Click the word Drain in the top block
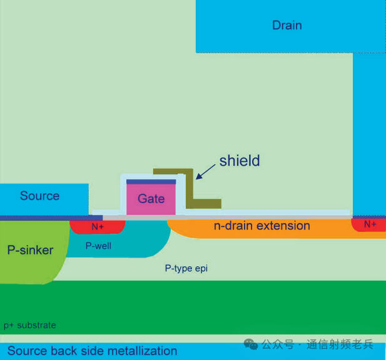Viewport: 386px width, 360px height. point(287,25)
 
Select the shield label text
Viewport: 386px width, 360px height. point(240,161)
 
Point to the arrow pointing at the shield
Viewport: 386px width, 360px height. point(206,172)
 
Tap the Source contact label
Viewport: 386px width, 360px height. point(39,196)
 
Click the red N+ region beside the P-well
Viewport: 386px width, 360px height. point(98,227)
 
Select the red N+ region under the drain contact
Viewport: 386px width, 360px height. point(369,225)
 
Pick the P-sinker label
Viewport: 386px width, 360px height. point(30,250)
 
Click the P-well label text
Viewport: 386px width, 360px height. point(98,246)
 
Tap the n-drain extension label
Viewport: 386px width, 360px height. point(262,226)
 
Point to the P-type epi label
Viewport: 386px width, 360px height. point(186,268)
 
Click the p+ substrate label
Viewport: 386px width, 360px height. point(30,326)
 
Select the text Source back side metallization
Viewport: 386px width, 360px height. point(93,351)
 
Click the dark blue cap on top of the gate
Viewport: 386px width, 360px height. point(151,182)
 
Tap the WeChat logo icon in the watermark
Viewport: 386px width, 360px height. point(251,344)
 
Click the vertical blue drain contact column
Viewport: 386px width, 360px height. point(369,134)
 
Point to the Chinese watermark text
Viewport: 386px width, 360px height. point(317,344)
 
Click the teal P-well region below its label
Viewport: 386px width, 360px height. point(118,253)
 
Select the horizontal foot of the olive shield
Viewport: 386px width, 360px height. point(203,204)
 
